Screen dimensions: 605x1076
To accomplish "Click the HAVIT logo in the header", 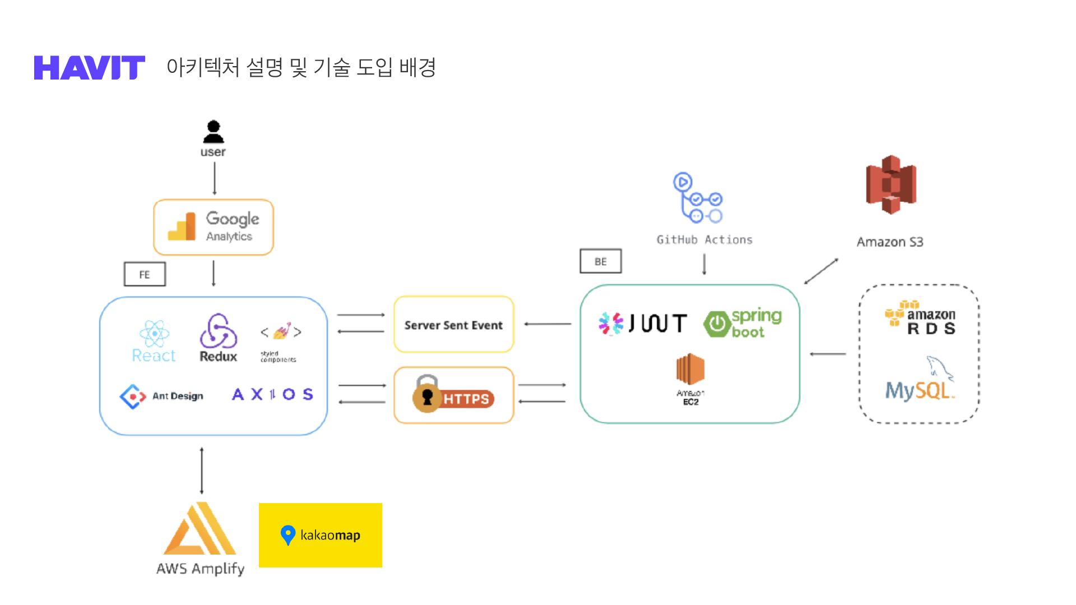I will [90, 68].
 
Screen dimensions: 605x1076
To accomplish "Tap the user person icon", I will [214, 132].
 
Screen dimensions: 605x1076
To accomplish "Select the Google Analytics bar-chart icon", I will [182, 227].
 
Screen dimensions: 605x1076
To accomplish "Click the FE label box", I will [145, 274].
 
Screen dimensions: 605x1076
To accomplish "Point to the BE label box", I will [600, 262].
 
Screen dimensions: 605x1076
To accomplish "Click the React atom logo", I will [154, 334].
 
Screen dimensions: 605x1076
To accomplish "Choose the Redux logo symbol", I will [218, 331].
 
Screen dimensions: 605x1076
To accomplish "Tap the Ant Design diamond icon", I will [132, 397].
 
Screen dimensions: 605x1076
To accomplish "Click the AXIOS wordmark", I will [272, 394].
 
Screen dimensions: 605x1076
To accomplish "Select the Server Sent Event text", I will [453, 325].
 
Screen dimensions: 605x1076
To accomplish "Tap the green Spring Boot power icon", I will [717, 324].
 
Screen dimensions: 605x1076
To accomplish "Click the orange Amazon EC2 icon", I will [690, 369].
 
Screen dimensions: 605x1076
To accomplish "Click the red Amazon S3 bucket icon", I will [891, 185].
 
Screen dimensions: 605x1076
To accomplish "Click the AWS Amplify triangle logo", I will [200, 529].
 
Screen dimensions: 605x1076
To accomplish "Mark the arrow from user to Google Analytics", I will [215, 178].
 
